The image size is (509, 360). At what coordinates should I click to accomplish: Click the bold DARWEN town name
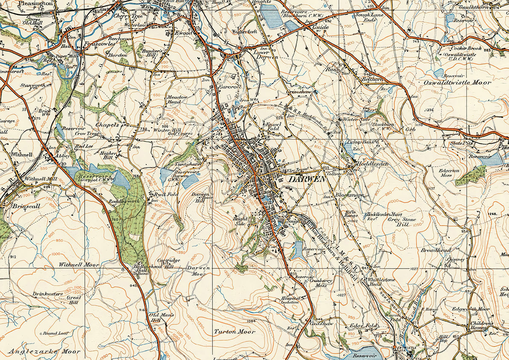tap(307, 180)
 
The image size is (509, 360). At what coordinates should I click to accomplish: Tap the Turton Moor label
tap(235, 331)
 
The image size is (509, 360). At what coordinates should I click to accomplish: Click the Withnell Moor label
tap(79, 265)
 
